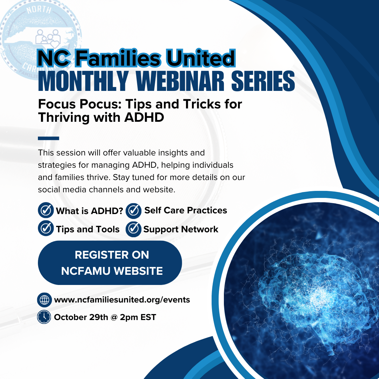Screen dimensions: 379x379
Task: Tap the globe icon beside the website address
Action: pyautogui.click(x=44, y=300)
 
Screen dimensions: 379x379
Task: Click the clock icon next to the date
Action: pyautogui.click(x=44, y=317)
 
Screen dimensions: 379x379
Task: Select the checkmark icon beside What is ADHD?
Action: pyautogui.click(x=46, y=211)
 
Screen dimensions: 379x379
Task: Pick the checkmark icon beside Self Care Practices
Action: pyautogui.click(x=133, y=211)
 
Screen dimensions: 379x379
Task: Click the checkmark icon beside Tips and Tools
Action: pyautogui.click(x=46, y=229)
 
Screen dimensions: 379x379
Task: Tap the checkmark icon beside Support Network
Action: pyautogui.click(x=133, y=229)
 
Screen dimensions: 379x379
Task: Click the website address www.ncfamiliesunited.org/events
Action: pyautogui.click(x=122, y=300)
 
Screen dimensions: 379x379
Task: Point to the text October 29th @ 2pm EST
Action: pyautogui.click(x=105, y=317)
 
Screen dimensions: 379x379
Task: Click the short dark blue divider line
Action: pyautogui.click(x=48, y=138)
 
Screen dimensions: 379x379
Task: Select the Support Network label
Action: pyautogui.click(x=181, y=230)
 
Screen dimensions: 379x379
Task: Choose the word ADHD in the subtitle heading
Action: pyautogui.click(x=144, y=118)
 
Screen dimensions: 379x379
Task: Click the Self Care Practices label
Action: pyautogui.click(x=186, y=210)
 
